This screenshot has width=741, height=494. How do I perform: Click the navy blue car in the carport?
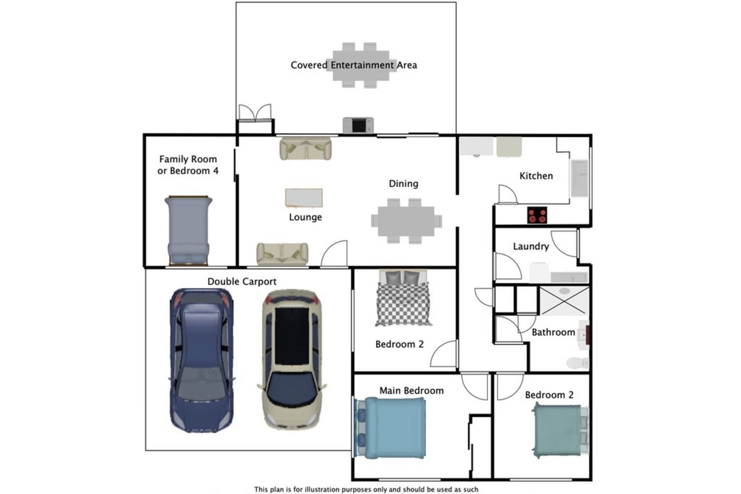coord(201,361)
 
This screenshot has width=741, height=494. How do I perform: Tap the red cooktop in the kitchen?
coord(537,215)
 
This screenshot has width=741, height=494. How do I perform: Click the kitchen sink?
coord(579,178)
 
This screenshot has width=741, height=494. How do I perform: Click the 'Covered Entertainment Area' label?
coord(354,65)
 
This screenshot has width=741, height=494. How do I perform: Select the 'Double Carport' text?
coord(242,282)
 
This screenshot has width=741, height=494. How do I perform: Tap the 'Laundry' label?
coord(531,246)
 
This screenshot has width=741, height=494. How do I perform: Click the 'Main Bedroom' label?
coord(412,390)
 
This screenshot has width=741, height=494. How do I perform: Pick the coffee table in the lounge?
coord(304,198)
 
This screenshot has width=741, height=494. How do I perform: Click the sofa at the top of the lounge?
coord(305,149)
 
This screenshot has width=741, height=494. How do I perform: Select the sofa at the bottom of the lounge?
coord(282,254)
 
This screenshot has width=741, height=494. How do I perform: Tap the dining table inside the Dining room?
coord(406,221)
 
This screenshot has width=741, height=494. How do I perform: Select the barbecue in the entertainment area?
coord(358,125)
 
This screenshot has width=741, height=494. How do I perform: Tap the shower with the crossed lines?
coord(564,300)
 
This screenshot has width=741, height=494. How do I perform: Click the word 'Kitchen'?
coord(536,176)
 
